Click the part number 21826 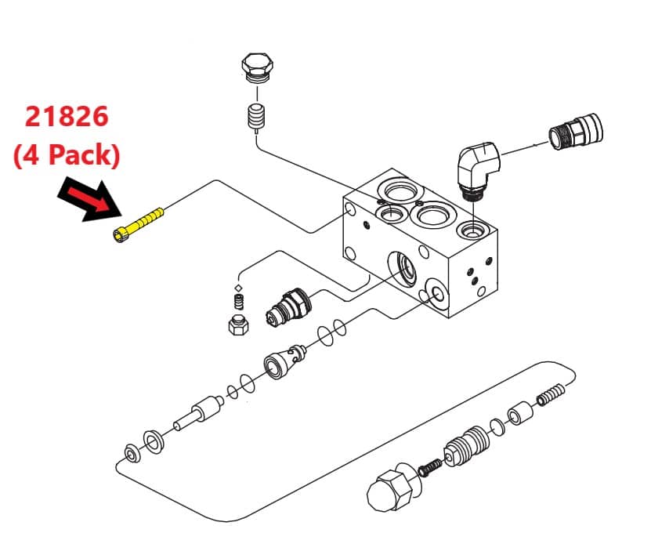click(x=67, y=117)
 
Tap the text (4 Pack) click(x=67, y=155)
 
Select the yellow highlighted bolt click(x=138, y=225)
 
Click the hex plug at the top click(x=257, y=67)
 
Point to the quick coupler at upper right click(x=576, y=132)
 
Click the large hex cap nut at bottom click(x=392, y=490)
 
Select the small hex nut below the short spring click(x=238, y=325)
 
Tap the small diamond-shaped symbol click(x=238, y=288)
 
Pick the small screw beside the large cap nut click(x=429, y=468)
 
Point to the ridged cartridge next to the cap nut click(x=467, y=447)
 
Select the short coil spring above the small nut click(x=239, y=302)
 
